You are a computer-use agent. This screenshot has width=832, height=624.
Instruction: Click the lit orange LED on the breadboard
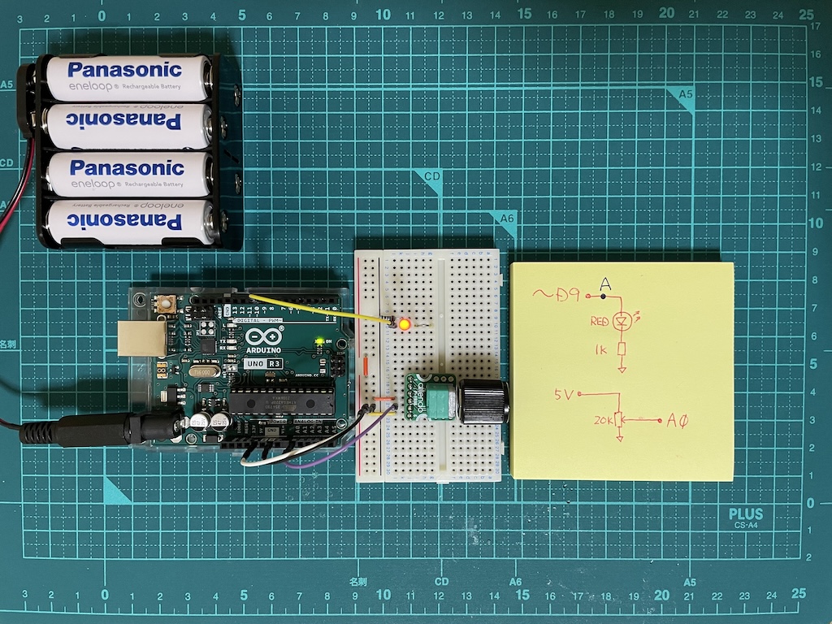[403, 325]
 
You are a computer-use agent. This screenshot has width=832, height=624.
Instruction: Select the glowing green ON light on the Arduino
[322, 340]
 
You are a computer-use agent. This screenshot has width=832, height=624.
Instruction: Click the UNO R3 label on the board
[260, 364]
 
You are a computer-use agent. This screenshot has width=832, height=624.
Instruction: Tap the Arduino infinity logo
[255, 340]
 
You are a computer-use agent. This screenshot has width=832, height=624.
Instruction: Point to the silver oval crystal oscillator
[203, 371]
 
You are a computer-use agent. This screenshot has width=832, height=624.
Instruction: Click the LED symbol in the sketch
[622, 322]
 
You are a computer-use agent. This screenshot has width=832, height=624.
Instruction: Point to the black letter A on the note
[604, 284]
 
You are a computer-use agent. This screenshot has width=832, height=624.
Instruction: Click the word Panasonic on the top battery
[126, 70]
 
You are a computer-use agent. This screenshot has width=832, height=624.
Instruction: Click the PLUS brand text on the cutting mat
[745, 513]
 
